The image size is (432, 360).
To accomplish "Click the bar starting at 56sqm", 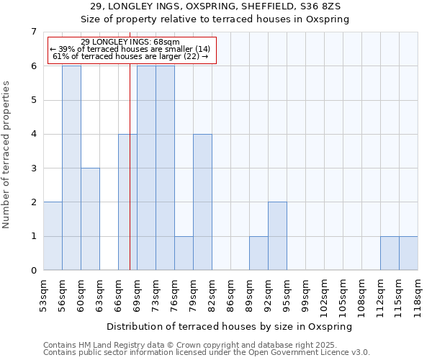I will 71,168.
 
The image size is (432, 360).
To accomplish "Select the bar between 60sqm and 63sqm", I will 90,219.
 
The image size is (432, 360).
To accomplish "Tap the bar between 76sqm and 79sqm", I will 184,253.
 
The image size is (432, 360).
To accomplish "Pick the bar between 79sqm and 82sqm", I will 202,202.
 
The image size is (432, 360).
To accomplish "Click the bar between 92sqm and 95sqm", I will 277,236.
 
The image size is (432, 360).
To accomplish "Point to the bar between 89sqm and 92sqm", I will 258,253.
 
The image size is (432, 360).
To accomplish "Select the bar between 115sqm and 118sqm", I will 408,253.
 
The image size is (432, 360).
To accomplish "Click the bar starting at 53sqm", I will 53,236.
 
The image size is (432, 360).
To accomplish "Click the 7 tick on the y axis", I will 33,32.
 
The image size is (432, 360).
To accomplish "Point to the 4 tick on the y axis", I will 33,134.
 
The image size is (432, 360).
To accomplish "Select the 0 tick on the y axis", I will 33,271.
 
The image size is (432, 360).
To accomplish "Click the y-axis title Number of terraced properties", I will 6,154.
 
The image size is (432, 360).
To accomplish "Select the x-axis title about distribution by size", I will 230,326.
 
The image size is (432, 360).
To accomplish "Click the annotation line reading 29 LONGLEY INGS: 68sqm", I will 130,42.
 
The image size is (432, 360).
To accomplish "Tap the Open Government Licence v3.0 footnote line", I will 207,353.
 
